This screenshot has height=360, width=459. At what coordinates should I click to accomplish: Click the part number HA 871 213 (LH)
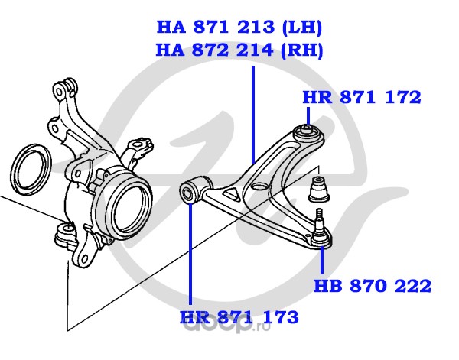(x=239, y=28)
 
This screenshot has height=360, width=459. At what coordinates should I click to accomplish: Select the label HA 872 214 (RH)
(x=239, y=50)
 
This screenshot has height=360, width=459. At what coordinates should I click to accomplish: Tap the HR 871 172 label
(x=362, y=97)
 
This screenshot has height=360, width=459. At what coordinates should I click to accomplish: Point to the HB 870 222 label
(x=373, y=287)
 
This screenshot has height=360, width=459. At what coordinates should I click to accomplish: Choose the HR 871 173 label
(x=239, y=317)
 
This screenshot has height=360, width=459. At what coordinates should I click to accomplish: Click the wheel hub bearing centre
(x=122, y=203)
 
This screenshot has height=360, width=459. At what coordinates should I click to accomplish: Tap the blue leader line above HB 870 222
(x=321, y=260)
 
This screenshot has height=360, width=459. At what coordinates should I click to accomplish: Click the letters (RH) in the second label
(x=302, y=50)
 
